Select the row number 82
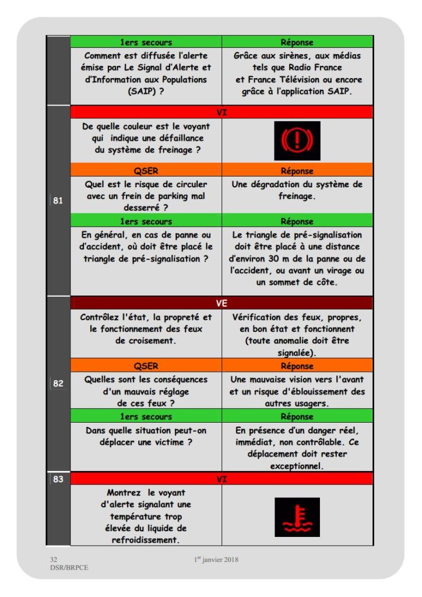coord(58,383)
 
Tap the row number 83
coord(58,479)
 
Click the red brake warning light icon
coord(297,141)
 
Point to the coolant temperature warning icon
coord(297,517)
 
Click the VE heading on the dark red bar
coord(221,303)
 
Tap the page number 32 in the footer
coord(53,559)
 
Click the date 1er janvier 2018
coord(216,560)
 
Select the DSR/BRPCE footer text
coord(69,567)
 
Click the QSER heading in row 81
coord(146,171)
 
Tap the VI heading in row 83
coord(221,479)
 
